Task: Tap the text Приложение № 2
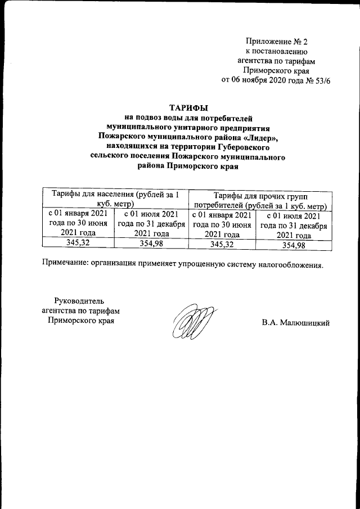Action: point(277,41)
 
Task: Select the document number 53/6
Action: point(321,80)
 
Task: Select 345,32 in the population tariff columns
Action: point(78,244)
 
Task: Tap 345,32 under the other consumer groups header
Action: point(222,245)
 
